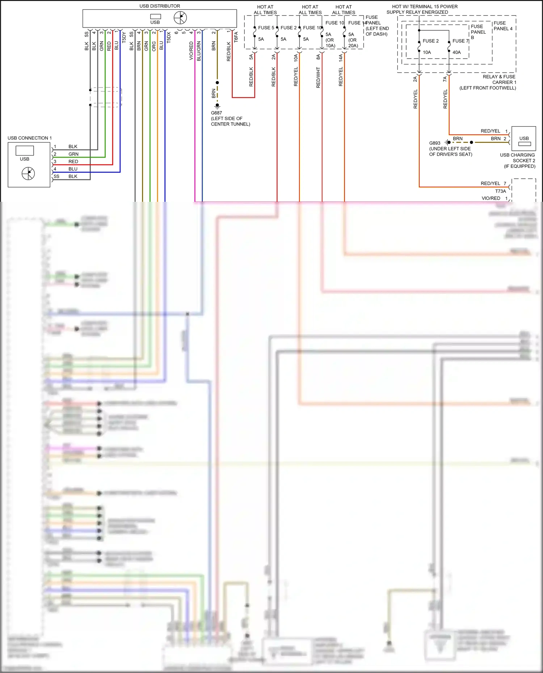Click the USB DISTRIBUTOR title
point(160,6)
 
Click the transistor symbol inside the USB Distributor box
point(180,18)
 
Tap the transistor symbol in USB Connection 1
point(28,174)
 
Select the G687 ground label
point(216,113)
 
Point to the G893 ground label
point(435,143)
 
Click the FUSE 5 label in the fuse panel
point(266,28)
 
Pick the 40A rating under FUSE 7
point(456,52)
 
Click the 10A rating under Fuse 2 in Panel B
point(427,52)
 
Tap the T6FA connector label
point(236,37)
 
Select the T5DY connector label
point(124,37)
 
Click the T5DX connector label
point(169,37)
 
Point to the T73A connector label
point(500,191)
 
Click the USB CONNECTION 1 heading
point(30,138)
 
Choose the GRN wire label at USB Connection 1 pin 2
point(73,154)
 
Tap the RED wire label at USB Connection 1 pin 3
point(73,162)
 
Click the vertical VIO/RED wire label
point(191,51)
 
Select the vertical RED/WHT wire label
point(318,77)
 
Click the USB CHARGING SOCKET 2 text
point(517,158)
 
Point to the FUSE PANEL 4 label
point(503,26)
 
